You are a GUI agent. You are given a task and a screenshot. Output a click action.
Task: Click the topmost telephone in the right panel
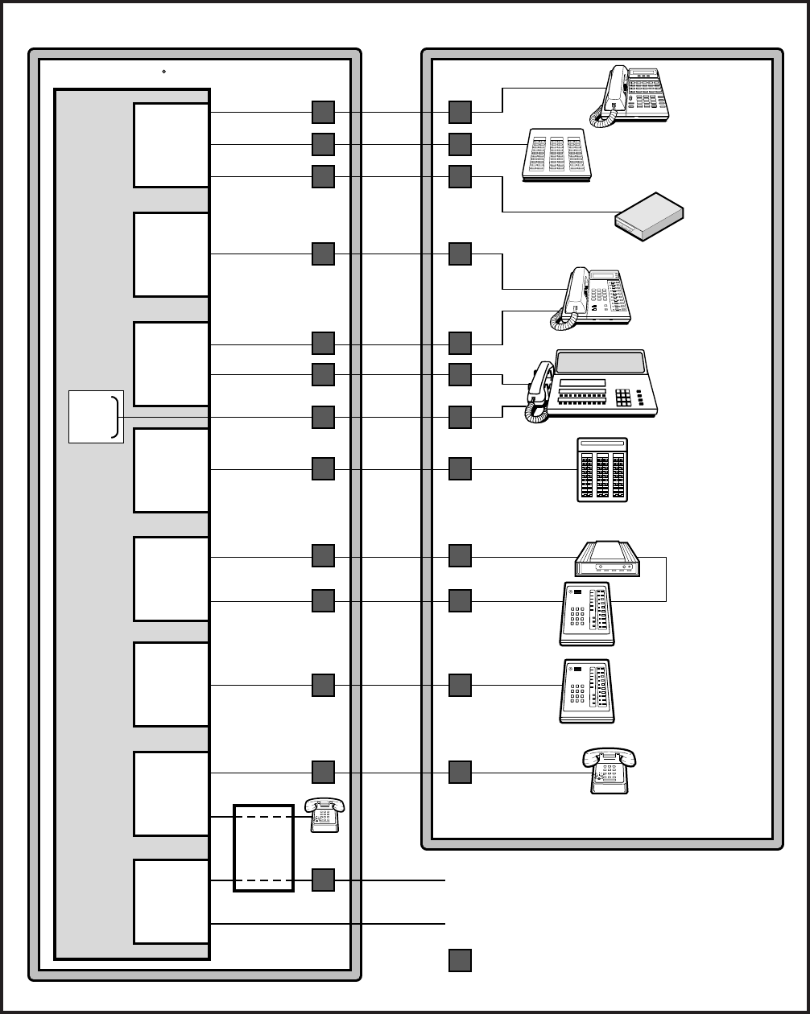[636, 95]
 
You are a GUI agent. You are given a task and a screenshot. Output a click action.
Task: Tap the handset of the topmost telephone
[614, 87]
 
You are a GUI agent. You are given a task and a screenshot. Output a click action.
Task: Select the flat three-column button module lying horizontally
[556, 153]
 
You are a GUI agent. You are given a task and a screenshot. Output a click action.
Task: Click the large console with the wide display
[600, 385]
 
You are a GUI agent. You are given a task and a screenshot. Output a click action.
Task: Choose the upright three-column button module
[602, 470]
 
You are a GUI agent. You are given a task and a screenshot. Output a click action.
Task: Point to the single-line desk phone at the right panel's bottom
[610, 772]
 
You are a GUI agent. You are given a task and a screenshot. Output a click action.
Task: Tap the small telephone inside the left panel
[325, 814]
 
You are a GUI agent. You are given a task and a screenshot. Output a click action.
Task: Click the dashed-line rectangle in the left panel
[263, 847]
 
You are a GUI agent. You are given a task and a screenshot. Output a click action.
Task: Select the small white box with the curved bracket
[96, 416]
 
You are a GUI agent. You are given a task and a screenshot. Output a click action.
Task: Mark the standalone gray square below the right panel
[460, 960]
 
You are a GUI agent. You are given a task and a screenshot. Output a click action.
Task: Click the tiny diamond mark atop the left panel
[163, 72]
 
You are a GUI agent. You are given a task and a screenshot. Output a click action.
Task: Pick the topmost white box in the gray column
[172, 145]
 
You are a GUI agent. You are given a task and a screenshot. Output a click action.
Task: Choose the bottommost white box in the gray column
[172, 901]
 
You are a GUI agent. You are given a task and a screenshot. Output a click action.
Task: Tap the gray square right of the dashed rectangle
[323, 880]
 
